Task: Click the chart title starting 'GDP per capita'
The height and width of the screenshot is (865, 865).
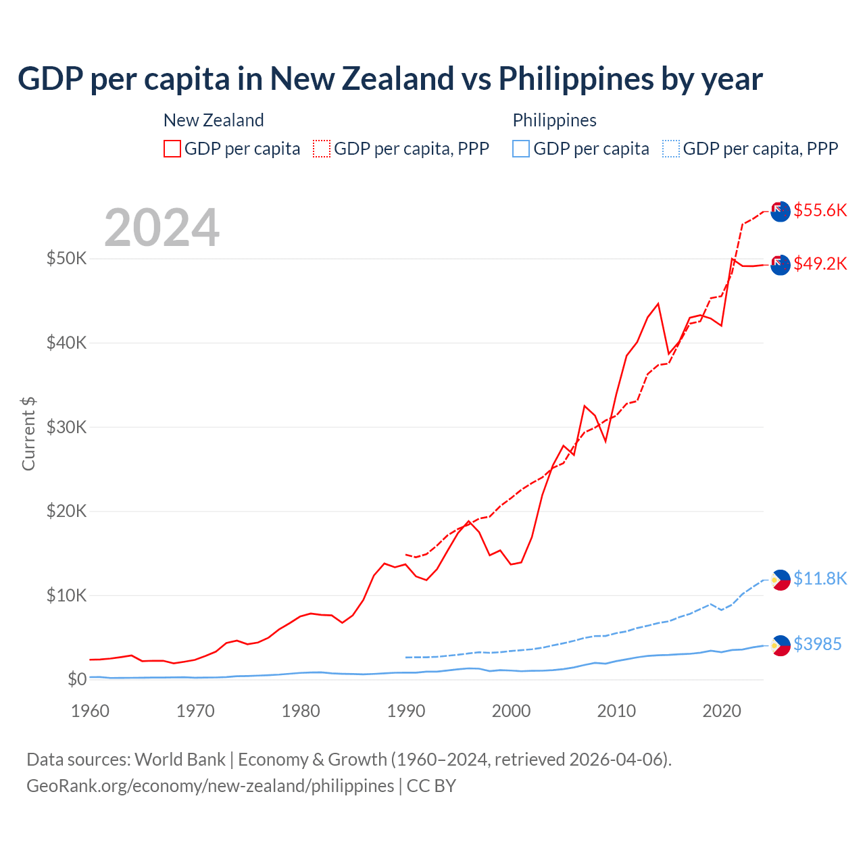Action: [x=390, y=79]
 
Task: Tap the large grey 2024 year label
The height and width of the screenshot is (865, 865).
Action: [x=162, y=228]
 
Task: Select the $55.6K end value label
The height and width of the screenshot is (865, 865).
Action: [x=820, y=210]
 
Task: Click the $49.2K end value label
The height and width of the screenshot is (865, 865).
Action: [x=820, y=264]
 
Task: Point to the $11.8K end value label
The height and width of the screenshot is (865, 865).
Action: [x=820, y=578]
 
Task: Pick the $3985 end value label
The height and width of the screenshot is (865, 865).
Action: [x=817, y=644]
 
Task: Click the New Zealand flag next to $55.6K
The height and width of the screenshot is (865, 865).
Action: [x=781, y=212]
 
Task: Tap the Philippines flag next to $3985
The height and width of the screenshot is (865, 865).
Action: [x=781, y=645]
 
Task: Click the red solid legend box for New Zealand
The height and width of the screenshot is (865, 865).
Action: [x=172, y=149]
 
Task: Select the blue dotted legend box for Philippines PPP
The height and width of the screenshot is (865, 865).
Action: [x=671, y=149]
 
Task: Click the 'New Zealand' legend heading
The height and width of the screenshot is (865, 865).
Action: [x=214, y=120]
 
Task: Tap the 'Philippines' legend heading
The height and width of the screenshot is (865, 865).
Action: [x=554, y=120]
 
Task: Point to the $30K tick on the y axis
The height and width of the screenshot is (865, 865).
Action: [x=66, y=427]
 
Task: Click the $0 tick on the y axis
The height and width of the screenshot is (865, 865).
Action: [x=76, y=679]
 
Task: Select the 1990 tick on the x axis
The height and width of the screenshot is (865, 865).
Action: [x=406, y=711]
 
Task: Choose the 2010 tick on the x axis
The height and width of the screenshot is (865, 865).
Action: [x=616, y=711]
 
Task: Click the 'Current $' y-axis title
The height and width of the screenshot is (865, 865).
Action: [x=28, y=434]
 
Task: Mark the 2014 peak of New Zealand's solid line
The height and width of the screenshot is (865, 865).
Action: [x=658, y=303]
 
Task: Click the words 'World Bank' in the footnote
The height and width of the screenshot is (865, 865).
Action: [x=180, y=760]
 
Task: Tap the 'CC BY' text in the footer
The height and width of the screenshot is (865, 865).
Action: [x=431, y=786]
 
